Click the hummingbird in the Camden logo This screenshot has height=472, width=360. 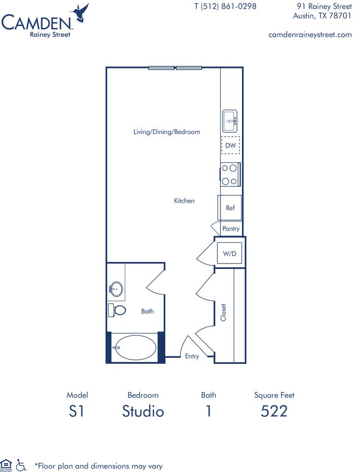click(x=80, y=13)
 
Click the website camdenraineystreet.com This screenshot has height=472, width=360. click(x=310, y=34)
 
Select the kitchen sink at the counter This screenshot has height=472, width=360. click(x=230, y=120)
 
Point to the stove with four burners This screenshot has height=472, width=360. click(x=230, y=175)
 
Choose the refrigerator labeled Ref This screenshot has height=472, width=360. click(x=230, y=208)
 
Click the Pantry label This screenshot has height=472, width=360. click(x=231, y=229)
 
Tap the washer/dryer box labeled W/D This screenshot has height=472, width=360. click(x=230, y=254)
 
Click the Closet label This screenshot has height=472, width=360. click(x=223, y=313)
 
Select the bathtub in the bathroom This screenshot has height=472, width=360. click(x=135, y=348)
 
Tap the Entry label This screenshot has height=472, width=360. click(x=192, y=356)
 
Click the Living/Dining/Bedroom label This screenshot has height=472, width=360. click(x=167, y=132)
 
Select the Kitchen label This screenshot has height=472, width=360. click(x=184, y=201)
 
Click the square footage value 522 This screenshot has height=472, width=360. click(x=274, y=411)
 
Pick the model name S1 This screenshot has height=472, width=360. click(x=77, y=411)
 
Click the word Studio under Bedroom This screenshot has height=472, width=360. click(x=143, y=411)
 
